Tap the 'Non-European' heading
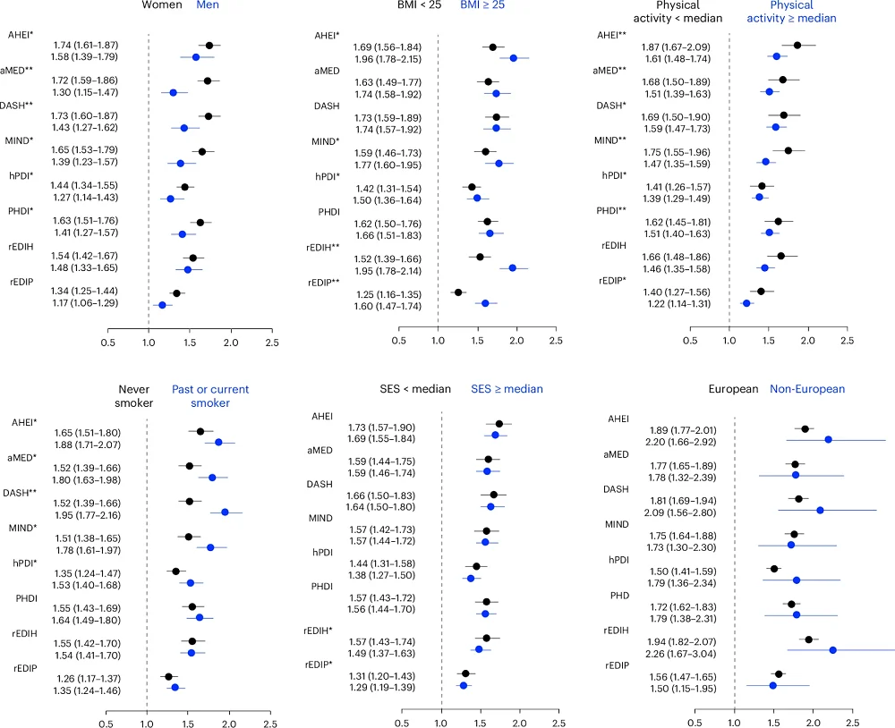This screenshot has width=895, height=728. (807, 389)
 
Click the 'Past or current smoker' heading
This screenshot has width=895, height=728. (210, 396)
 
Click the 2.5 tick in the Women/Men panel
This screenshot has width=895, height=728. (272, 341)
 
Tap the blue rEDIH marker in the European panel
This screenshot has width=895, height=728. (832, 650)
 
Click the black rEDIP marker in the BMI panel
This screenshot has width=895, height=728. (458, 292)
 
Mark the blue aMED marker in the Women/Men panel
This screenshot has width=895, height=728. (174, 92)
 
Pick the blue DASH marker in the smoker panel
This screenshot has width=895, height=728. (225, 512)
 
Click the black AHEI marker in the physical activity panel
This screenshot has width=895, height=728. (797, 45)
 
